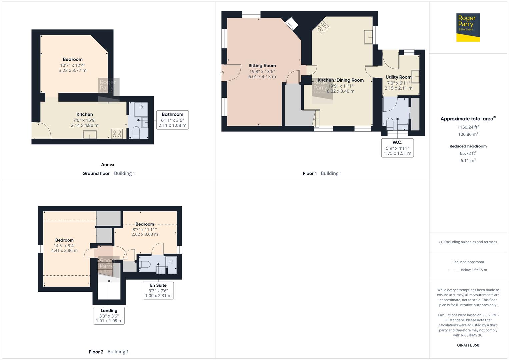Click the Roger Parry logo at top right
point(468,27)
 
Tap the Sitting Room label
point(262,66)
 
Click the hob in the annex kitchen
point(117,134)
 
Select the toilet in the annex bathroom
point(136,132)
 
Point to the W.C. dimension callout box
point(397,148)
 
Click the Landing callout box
point(109,315)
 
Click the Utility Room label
point(398,77)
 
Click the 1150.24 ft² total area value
point(468,127)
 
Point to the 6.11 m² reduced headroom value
point(468,160)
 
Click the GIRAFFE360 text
point(468,345)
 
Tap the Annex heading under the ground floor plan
point(108,164)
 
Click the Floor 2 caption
point(96,352)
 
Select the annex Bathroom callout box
point(172,120)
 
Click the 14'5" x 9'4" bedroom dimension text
point(64,245)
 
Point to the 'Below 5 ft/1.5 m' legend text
point(474,270)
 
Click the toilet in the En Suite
point(145,264)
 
